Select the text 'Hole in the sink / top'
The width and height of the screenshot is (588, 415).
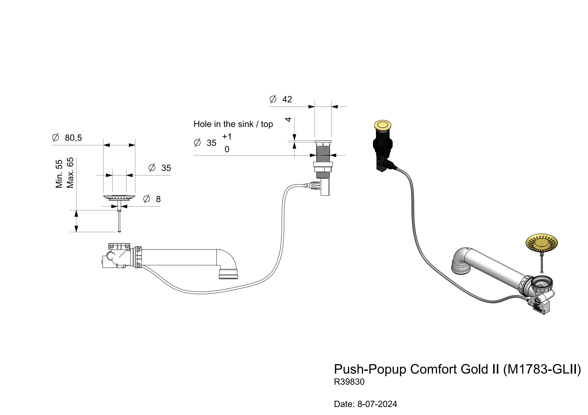[233, 124]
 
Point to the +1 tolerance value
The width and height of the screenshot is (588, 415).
[227, 137]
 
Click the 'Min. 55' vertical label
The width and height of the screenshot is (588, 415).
[59, 174]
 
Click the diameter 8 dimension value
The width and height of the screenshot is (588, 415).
[158, 199]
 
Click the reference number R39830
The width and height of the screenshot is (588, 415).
[349, 382]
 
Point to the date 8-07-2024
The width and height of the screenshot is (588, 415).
[377, 404]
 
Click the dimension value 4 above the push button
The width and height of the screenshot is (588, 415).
[288, 119]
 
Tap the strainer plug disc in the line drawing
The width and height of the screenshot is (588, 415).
[119, 197]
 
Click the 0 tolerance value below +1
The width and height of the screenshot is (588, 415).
[227, 149]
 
